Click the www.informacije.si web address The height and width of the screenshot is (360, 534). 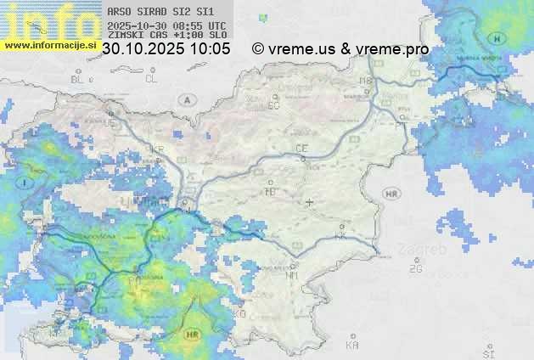[x=51, y=44]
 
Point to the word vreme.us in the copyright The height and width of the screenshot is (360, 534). [x=302, y=49]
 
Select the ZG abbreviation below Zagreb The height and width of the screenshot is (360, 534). [x=415, y=269]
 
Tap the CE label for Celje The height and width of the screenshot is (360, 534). [x=301, y=149]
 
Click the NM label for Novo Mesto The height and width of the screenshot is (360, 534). [x=293, y=275]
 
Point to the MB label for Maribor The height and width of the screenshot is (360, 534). [x=366, y=81]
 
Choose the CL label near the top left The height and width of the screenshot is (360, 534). [x=151, y=79]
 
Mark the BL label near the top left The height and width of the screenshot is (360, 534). [x=78, y=79]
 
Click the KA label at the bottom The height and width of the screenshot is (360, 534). [x=352, y=346]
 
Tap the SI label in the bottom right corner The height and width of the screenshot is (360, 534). [x=487, y=352]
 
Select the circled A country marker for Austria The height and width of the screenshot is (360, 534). [x=185, y=100]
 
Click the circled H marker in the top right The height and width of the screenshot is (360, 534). [x=497, y=39]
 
